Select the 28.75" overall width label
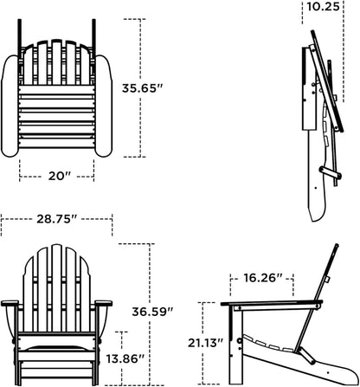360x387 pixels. tap(57, 219)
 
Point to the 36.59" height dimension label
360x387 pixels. tap(152, 312)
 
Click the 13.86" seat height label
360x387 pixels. tap(125, 358)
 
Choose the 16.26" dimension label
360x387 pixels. tap(263, 278)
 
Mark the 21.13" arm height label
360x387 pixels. tap(206, 343)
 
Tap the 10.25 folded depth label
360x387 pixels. tap(323, 6)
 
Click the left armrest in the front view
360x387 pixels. tap(10, 303)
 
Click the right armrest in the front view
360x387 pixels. tap(103, 303)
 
